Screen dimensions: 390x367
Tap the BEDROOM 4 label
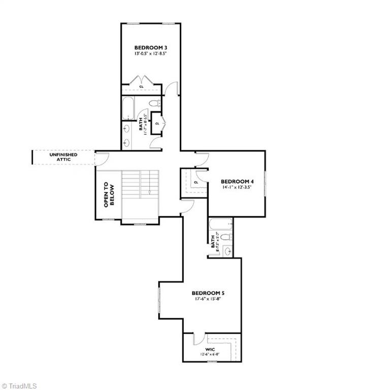coord(237,181)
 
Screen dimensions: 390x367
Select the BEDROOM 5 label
coord(208,293)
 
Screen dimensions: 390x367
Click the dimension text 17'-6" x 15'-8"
coord(208,299)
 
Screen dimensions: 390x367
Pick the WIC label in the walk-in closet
coord(211,349)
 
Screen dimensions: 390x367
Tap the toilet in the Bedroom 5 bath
coord(227,237)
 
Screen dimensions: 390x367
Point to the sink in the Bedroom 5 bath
coord(228,250)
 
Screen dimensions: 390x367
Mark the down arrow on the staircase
coord(150,193)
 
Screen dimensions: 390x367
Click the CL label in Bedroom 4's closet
coord(195,182)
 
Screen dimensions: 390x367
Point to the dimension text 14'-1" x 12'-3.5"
coord(237,187)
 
